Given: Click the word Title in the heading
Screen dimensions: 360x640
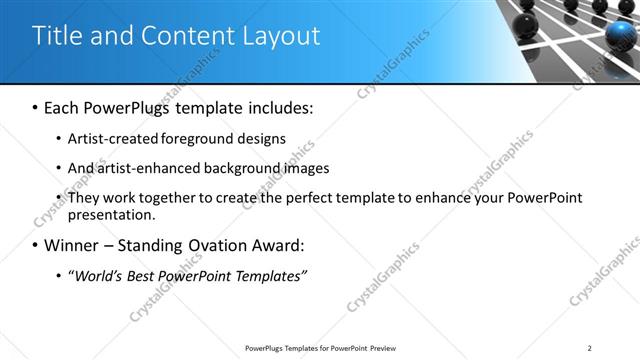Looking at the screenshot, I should tap(56, 37).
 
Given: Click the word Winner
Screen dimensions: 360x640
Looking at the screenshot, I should tap(76, 245).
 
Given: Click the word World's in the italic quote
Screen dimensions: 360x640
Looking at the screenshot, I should tap(101, 275).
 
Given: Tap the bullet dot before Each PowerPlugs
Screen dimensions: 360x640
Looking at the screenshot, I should tap(36, 106).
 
